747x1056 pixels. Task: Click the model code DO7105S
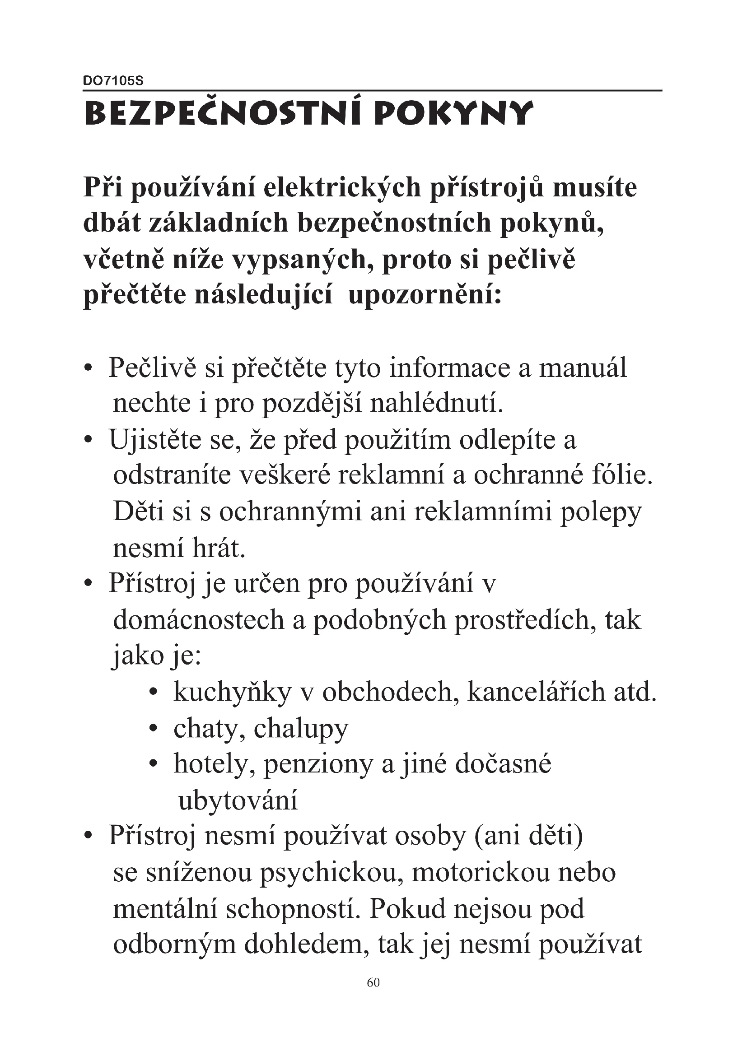(x=113, y=81)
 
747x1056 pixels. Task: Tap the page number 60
(x=373, y=983)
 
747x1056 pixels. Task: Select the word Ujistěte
(x=154, y=440)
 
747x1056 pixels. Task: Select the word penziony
(x=318, y=765)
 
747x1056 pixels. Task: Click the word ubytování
(x=238, y=801)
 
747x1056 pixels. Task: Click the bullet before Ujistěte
(x=89, y=441)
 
